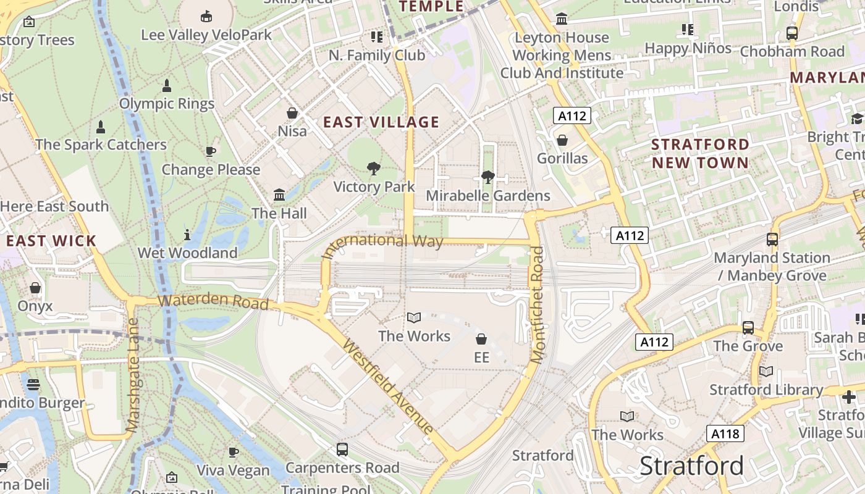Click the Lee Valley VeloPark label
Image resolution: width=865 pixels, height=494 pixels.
tap(206, 35)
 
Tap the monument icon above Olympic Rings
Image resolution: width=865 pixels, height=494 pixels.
tap(166, 85)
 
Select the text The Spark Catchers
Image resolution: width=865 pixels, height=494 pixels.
tap(101, 144)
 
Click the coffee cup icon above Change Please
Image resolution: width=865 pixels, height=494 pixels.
tap(211, 151)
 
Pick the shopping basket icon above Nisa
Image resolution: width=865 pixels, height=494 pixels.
tap(292, 113)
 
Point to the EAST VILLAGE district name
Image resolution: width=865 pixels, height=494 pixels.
tap(381, 122)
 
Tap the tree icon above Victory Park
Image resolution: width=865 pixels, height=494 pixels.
tap(373, 168)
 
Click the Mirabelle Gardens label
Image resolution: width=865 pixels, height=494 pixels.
tap(487, 196)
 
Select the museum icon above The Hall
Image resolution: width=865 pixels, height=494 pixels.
tap(279, 195)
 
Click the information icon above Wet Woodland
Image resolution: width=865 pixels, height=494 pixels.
tap(187, 235)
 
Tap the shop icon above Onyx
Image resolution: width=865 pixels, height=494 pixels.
tap(35, 288)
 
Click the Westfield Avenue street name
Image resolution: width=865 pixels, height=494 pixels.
tap(387, 387)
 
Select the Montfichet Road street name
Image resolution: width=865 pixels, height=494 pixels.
tap(537, 305)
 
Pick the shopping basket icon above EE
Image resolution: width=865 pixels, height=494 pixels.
tap(481, 339)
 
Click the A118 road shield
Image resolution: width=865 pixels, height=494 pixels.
tap(725, 433)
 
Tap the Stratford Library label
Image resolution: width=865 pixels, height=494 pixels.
tap(766, 390)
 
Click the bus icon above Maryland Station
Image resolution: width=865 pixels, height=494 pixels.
tap(772, 239)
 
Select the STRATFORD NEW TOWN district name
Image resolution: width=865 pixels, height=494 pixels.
tap(700, 153)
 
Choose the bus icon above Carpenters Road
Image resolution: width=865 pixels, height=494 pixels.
tap(342, 449)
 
